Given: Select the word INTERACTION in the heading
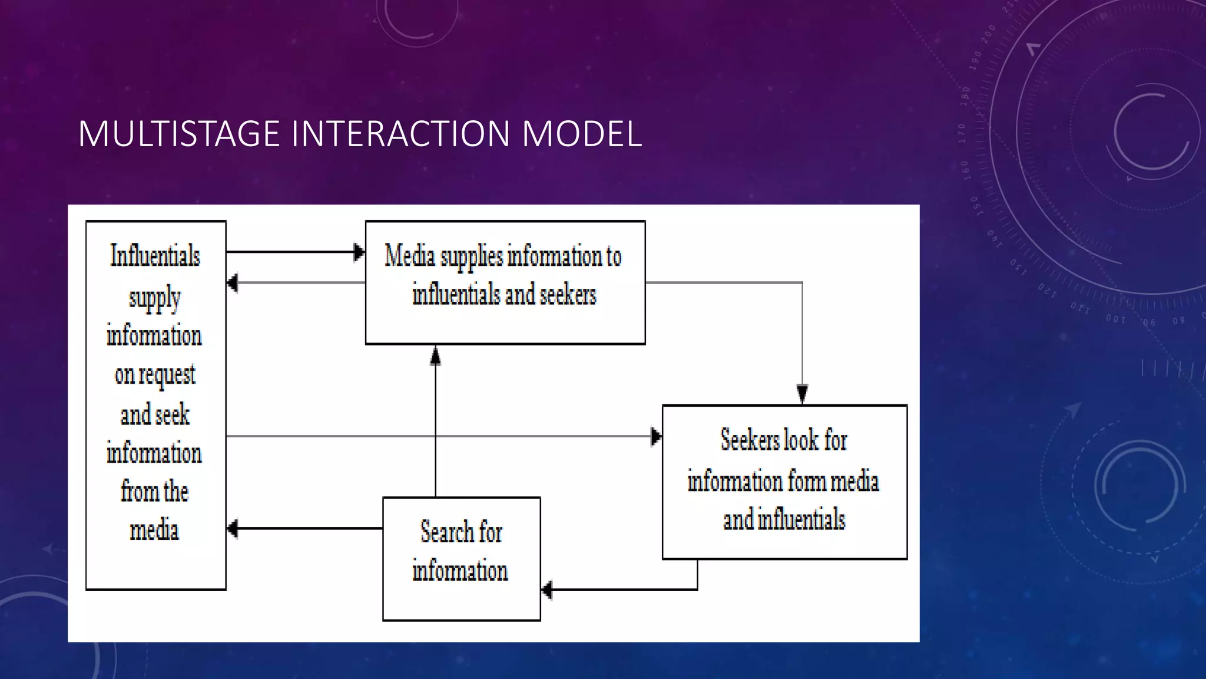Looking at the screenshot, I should pos(400,134).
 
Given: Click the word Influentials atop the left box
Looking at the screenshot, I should pos(155,256).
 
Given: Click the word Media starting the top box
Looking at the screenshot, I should pos(410,256).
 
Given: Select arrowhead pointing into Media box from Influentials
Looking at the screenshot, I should pos(358,252).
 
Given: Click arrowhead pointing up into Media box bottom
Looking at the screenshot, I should pos(435,355).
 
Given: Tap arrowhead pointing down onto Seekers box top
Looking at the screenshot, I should pos(802,393).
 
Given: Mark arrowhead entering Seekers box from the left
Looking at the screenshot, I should pos(655,437).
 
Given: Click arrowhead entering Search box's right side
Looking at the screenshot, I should pos(547,589).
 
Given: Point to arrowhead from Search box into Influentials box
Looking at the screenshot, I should pos(233,528).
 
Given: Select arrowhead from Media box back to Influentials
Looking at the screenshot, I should pos(233,283).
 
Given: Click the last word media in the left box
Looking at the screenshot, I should pos(154,530).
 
